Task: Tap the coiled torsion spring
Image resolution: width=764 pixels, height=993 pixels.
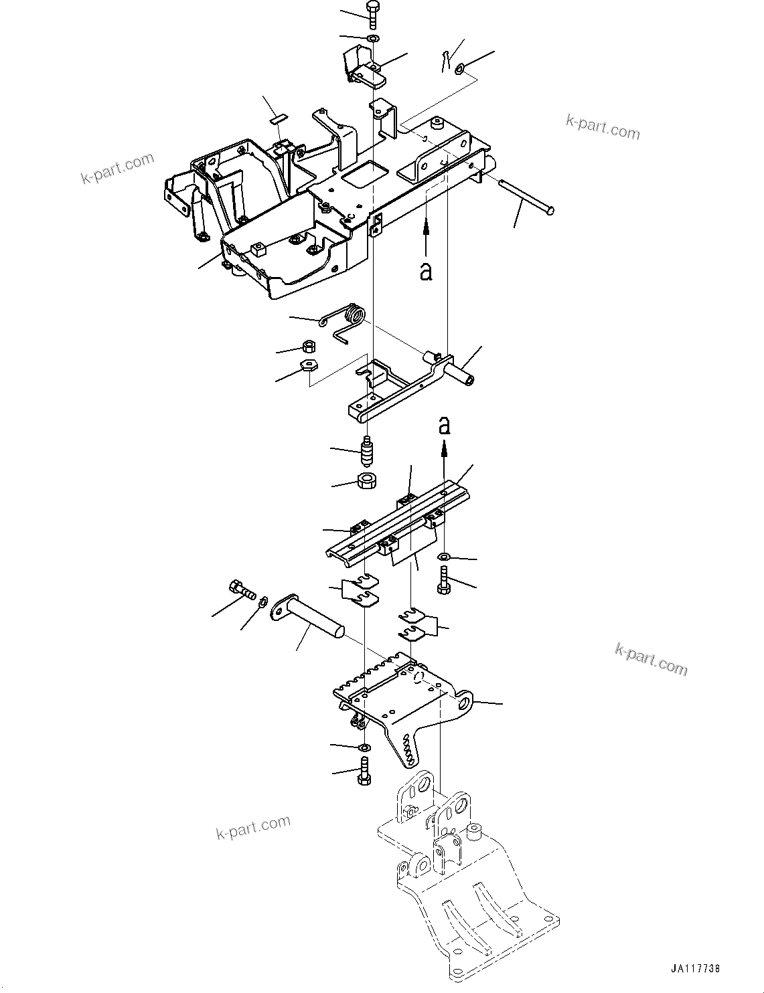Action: coord(352,316)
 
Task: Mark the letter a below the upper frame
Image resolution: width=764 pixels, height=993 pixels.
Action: coord(426,272)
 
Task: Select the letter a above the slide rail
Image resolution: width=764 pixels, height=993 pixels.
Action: coord(444,425)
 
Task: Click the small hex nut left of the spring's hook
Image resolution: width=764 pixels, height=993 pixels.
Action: coord(309,347)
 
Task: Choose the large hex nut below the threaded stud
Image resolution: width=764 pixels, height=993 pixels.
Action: coord(367,480)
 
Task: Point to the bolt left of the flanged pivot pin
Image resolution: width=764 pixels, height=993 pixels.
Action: coord(242,590)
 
